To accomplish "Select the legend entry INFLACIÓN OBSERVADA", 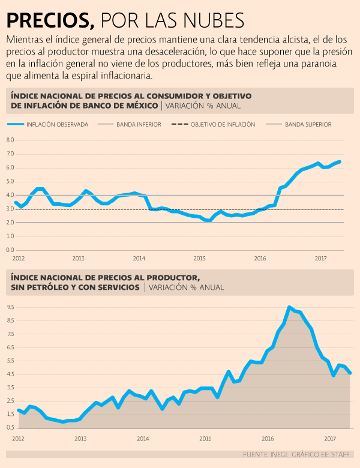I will [x=57, y=125].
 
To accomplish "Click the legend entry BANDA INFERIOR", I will [x=138, y=125].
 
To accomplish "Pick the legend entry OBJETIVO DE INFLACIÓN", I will [x=223, y=125].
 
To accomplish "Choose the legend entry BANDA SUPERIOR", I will [x=308, y=125].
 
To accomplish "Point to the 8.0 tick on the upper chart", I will [x=10, y=140].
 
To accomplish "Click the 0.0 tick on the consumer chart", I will [x=10, y=250].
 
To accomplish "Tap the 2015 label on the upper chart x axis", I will [x=200, y=258].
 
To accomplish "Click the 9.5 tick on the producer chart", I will [x=10, y=306].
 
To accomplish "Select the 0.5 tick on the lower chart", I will [x=10, y=427].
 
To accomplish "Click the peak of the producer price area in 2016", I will [x=289, y=307].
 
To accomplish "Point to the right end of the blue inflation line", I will [x=340, y=161].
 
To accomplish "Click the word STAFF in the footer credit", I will [x=341, y=454].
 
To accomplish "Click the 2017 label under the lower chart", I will [x=330, y=439].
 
